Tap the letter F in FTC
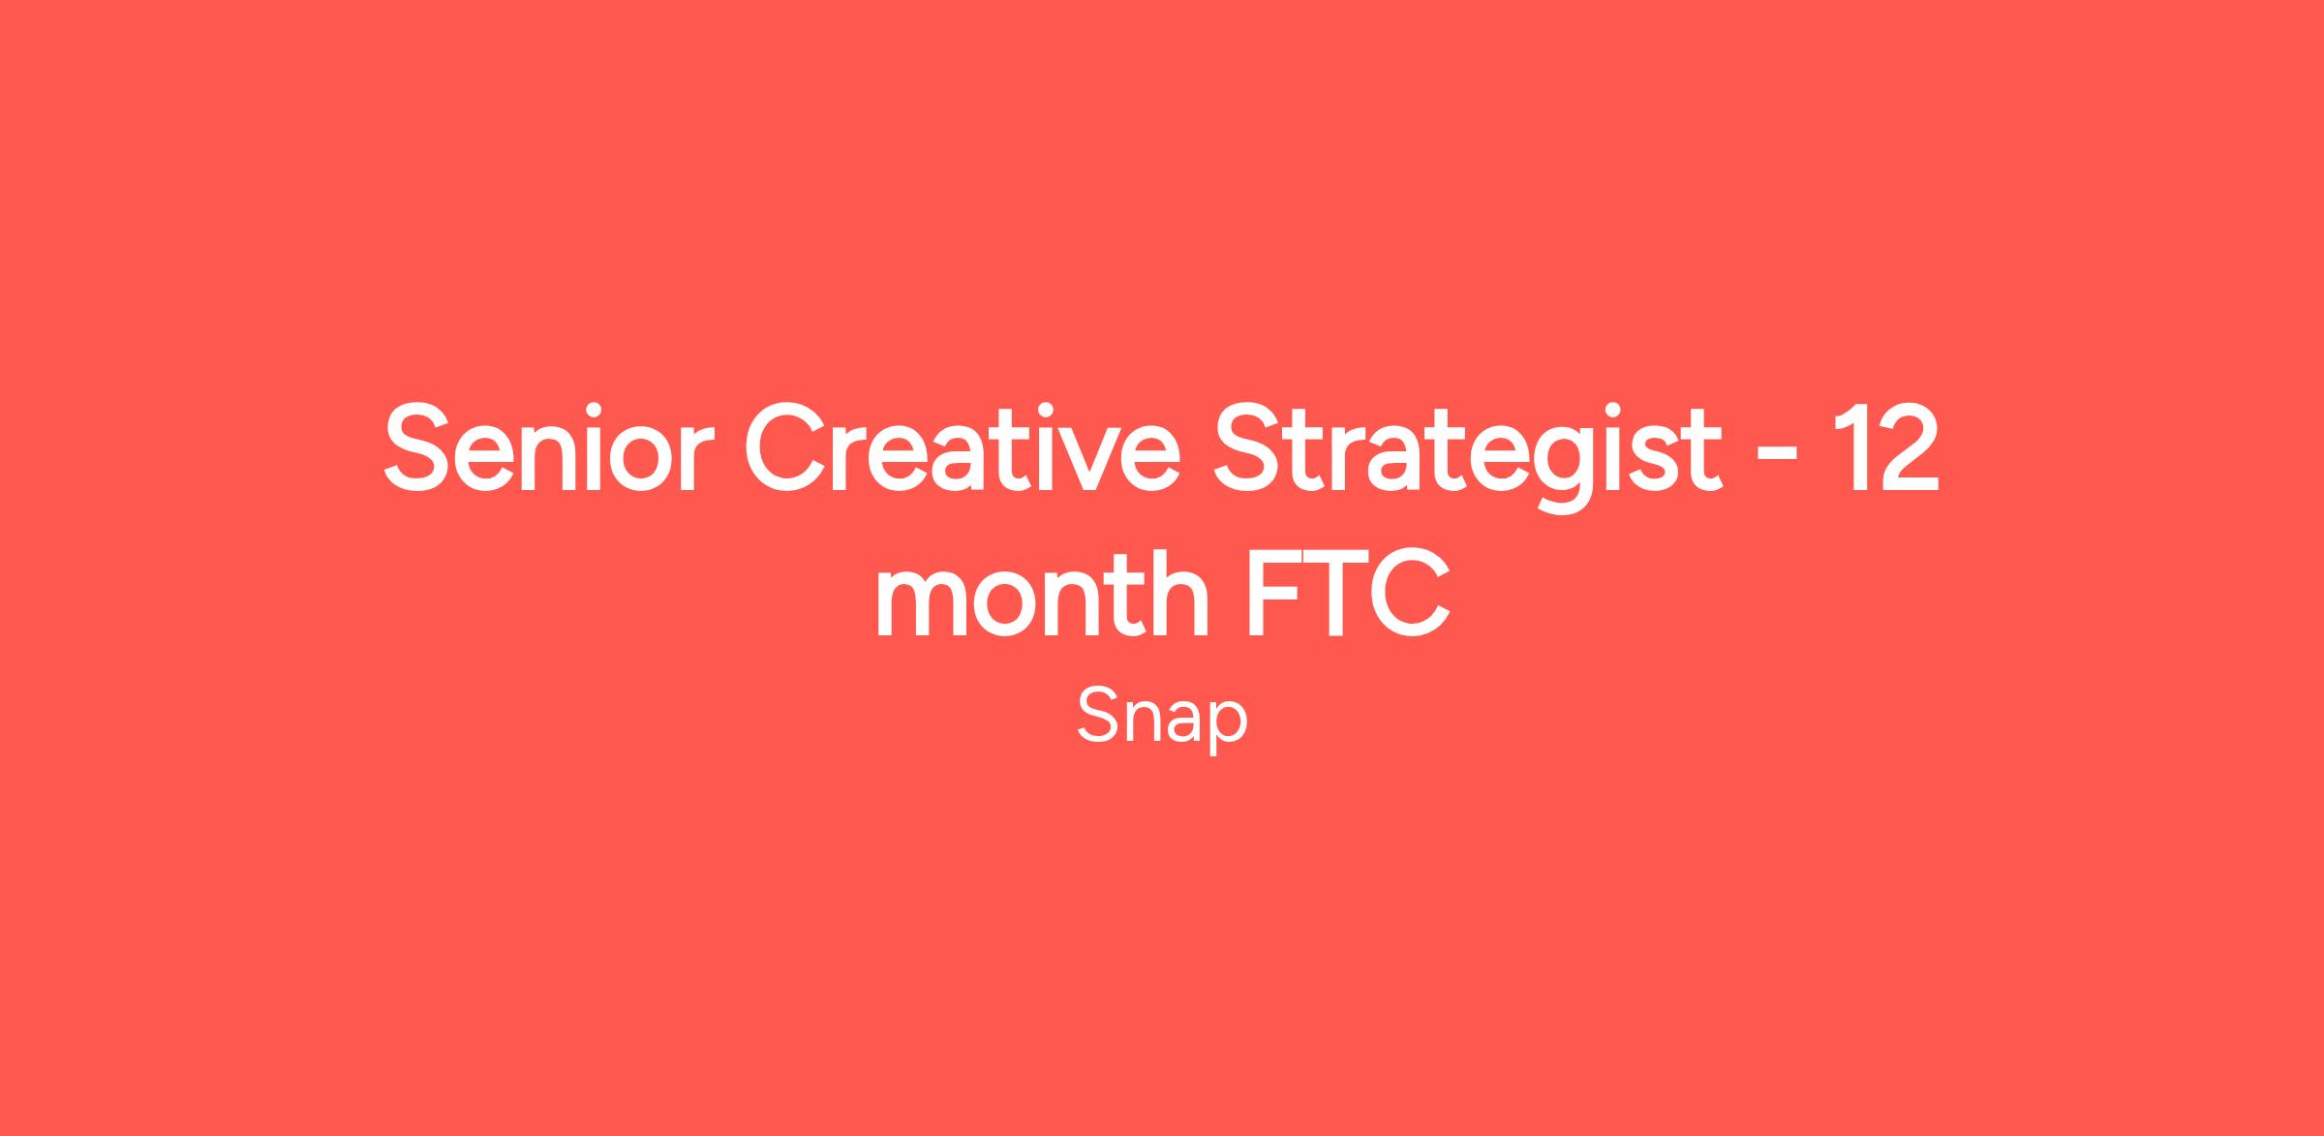[1274, 594]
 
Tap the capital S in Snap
[1098, 717]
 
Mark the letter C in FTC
[1411, 594]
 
